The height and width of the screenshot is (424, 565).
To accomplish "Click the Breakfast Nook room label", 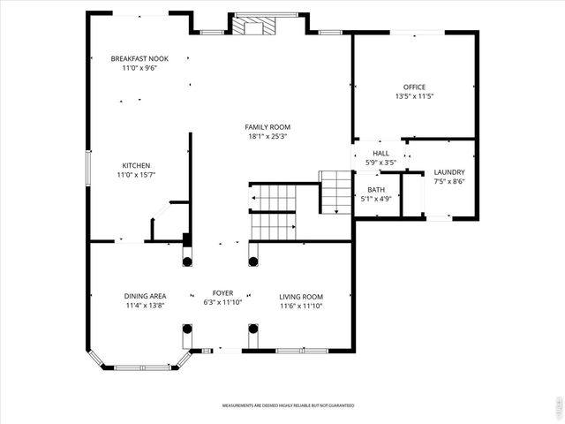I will point(139,58).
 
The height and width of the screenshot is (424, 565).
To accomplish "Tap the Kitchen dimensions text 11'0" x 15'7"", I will point(136,176).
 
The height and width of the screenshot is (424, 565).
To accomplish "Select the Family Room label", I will point(268,126).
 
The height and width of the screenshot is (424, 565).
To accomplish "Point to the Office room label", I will point(414,87).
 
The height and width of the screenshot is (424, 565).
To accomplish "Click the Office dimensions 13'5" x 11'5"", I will point(414,96).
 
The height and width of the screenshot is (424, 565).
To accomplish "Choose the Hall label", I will point(380,153).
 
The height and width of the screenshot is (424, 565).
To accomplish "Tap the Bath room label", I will point(376,189).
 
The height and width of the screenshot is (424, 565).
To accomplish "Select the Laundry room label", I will point(449,171).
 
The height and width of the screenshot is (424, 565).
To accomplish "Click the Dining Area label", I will point(145,296).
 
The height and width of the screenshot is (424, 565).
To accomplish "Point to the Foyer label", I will point(222,292).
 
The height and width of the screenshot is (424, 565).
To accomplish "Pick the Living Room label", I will point(301,296).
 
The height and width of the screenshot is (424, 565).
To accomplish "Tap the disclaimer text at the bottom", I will point(288,405).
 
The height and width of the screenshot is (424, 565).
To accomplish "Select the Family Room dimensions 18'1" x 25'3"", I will point(268,136).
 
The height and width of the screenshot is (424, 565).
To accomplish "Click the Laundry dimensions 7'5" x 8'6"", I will point(449,181).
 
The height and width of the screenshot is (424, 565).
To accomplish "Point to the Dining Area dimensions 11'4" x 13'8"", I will point(145,306).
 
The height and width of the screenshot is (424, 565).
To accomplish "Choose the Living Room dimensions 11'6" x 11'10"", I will point(301,306).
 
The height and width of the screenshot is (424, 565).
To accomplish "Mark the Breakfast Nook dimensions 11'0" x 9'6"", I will point(139,68).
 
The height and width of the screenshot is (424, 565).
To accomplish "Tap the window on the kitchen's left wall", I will point(87,168).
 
